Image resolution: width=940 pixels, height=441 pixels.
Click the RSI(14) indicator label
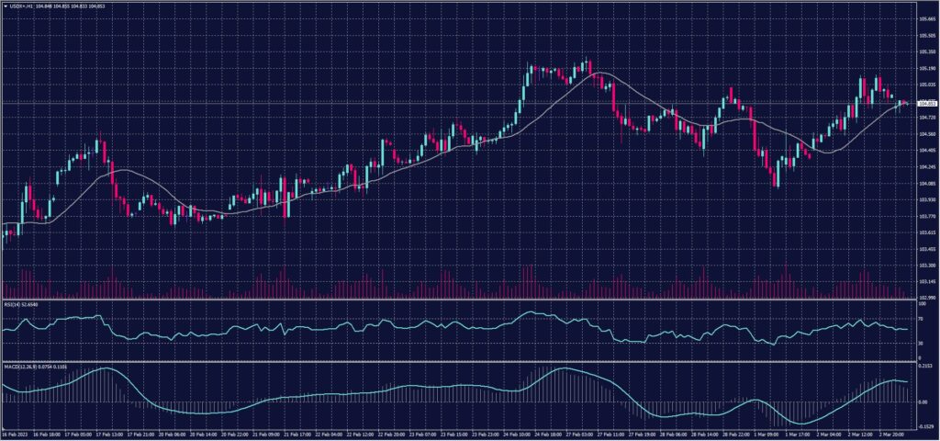19,302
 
